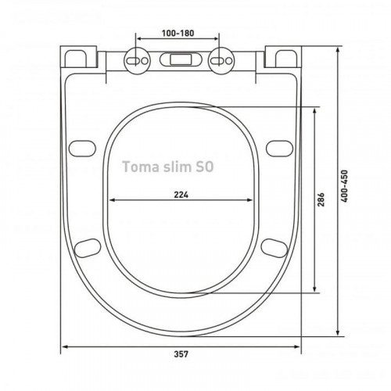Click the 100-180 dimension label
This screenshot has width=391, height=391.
point(178,34)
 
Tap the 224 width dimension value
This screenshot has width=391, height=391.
point(181,195)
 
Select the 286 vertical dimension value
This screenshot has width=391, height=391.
point(321,199)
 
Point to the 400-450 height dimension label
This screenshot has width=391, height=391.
point(344,186)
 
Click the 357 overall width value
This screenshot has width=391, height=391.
point(181,354)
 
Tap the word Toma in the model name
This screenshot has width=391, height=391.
point(141,167)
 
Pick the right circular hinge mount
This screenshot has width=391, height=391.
point(221,61)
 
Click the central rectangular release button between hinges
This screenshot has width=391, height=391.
point(181,59)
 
